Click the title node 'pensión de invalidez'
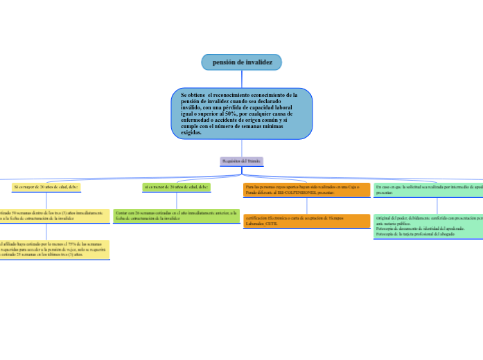(x=242, y=62)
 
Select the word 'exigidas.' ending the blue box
(x=191, y=132)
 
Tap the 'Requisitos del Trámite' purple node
(x=242, y=161)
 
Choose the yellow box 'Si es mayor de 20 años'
(x=46, y=187)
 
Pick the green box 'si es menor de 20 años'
(x=176, y=187)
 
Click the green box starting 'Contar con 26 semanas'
(x=176, y=215)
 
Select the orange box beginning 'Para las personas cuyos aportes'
(x=306, y=190)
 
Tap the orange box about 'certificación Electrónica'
(x=306, y=221)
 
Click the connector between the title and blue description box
(x=242, y=79)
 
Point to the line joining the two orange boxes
(x=306, y=206)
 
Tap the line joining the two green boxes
(x=176, y=200)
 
